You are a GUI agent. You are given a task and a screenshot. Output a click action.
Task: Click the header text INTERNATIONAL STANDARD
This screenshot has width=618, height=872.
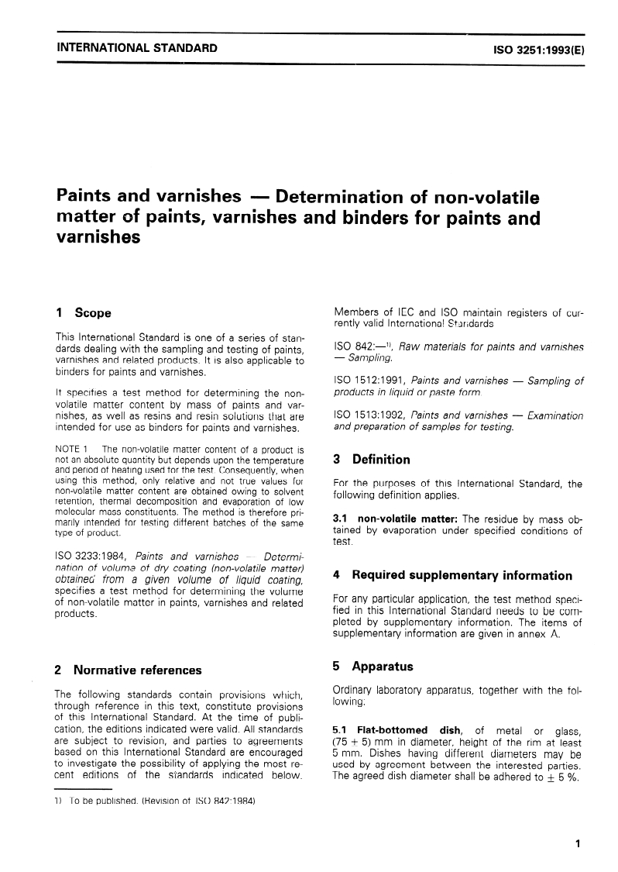[x=136, y=48]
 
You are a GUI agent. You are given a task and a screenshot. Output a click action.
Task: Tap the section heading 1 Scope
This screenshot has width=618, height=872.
[x=84, y=313]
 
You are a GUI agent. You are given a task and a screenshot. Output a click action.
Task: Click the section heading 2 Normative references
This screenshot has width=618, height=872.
[x=129, y=670]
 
